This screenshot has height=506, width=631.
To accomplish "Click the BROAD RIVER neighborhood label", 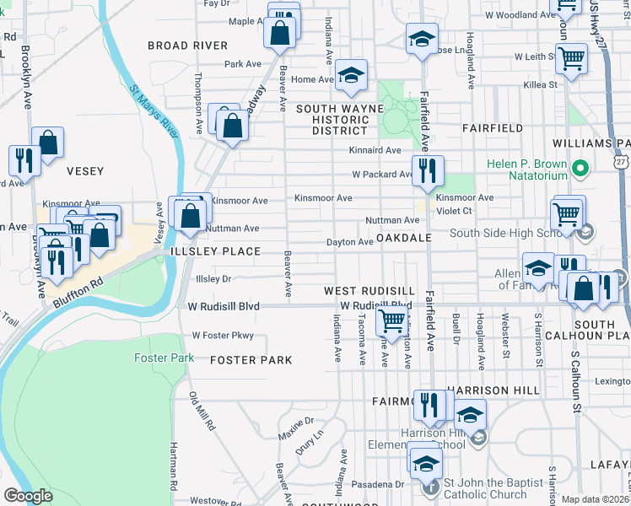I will [x=187, y=45].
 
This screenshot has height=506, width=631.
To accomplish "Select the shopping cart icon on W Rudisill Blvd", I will [x=391, y=320].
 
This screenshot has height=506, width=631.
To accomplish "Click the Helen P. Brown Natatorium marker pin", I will [x=580, y=169].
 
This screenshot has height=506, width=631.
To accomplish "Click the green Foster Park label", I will [x=164, y=358].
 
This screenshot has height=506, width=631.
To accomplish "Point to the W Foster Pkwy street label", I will [x=223, y=336].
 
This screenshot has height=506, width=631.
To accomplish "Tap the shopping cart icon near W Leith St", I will [x=572, y=59].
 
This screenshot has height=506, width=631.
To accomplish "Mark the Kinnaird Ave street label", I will [x=375, y=150].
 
